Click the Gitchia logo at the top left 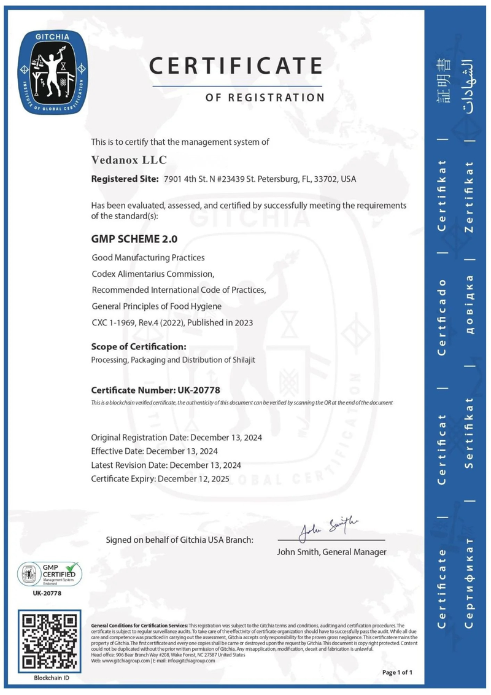pyautogui.click(x=53, y=72)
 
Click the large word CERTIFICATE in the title pyautogui.click(x=236, y=66)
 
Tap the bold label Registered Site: pyautogui.click(x=125, y=179)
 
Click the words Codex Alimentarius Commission pyautogui.click(x=153, y=273)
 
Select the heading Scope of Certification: pyautogui.click(x=139, y=346)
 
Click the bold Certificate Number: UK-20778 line pyautogui.click(x=155, y=390)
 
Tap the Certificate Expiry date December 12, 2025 pyautogui.click(x=194, y=478)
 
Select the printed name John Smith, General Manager pyautogui.click(x=332, y=552)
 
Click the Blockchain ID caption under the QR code pyautogui.click(x=51, y=678)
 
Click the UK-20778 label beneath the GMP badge pyautogui.click(x=47, y=593)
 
